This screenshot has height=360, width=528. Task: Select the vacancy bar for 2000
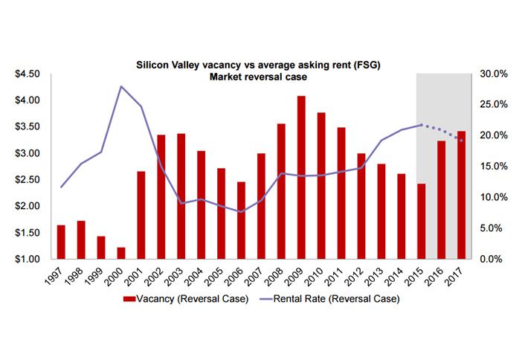coord(121,253)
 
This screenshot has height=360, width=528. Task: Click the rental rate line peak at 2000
coord(121,86)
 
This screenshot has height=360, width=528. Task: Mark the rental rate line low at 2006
coord(241,212)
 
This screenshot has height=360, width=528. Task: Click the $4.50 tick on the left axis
coord(28,74)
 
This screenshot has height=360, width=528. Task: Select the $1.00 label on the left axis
coord(28,260)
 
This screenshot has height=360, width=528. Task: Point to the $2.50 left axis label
coord(28,180)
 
